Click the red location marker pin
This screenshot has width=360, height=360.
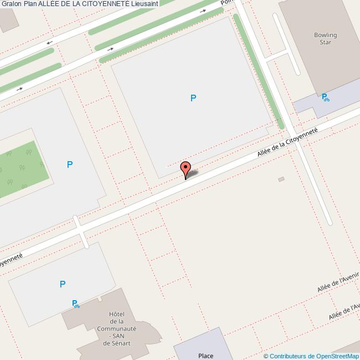click(186, 169)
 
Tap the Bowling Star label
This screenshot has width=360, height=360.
click(325, 39)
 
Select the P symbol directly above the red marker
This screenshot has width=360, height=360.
click(193, 99)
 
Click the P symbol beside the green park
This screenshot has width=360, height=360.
click(70, 164)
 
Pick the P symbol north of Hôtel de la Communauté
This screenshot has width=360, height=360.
click(63, 284)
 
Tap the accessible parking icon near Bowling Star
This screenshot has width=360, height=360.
click(325, 97)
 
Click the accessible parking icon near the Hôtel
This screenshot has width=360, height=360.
click(75, 304)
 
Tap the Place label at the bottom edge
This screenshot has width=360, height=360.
click(205, 356)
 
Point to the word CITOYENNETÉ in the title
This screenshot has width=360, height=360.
click(97, 3)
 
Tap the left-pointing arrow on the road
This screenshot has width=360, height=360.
click(49, 43)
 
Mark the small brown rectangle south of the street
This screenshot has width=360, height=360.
click(281, 179)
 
